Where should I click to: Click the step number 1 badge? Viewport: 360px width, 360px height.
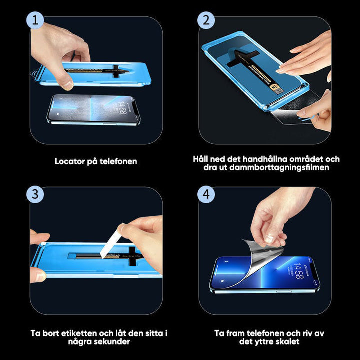pos(34,21)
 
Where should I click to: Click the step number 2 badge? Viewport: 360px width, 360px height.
pos(206,21)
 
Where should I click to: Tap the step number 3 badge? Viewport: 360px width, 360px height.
pos(34,194)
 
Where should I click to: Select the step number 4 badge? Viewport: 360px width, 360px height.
pos(206,194)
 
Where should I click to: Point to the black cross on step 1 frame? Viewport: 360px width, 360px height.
pos(116,71)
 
